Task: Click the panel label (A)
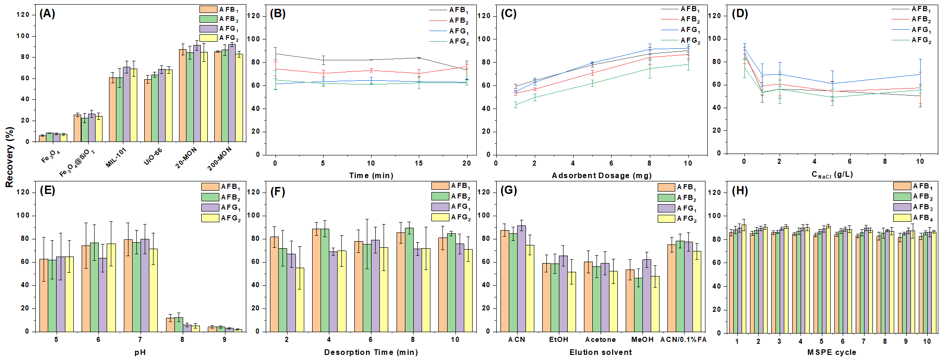pyautogui.click(x=47, y=13)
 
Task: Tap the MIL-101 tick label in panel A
pyautogui.click(x=116, y=157)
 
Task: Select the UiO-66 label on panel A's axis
pyautogui.click(x=153, y=156)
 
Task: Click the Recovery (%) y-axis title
pyautogui.click(x=9, y=157)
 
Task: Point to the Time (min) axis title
pyautogui.click(x=371, y=175)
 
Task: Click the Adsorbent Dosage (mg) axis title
pyautogui.click(x=602, y=175)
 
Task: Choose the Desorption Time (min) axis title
pyautogui.click(x=371, y=352)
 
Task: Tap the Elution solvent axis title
pyautogui.click(x=601, y=352)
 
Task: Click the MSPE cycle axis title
pyautogui.click(x=832, y=352)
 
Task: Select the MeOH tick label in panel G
pyautogui.click(x=642, y=340)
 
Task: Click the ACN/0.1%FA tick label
pyautogui.click(x=683, y=340)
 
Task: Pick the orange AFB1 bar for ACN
pyautogui.click(x=505, y=281)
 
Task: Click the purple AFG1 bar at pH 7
pyautogui.click(x=145, y=285)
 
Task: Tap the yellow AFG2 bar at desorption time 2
pyautogui.click(x=300, y=299)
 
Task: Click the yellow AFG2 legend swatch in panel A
pyautogui.click(x=208, y=38)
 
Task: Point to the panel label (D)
pyautogui.click(x=740, y=13)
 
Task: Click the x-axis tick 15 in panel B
pyautogui.click(x=419, y=163)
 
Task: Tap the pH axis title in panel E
pyautogui.click(x=140, y=352)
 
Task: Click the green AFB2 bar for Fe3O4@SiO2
pyautogui.click(x=84, y=129)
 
